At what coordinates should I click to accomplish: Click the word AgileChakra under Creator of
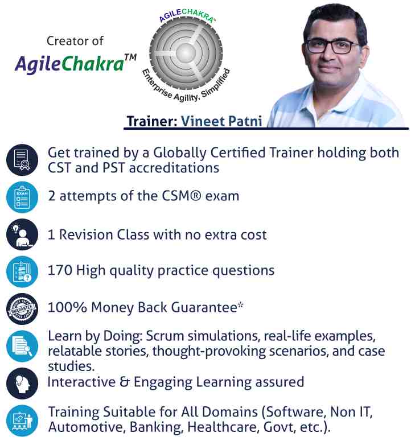click(69, 64)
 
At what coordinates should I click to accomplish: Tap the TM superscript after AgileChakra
click(130, 57)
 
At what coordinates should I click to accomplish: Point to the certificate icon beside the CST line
click(22, 160)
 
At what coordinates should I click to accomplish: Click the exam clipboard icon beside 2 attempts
click(22, 197)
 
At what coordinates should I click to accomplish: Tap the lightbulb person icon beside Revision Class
click(22, 233)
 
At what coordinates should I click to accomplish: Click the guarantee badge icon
click(22, 308)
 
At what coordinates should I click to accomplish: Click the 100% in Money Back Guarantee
click(64, 307)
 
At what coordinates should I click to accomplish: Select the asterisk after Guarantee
click(241, 306)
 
